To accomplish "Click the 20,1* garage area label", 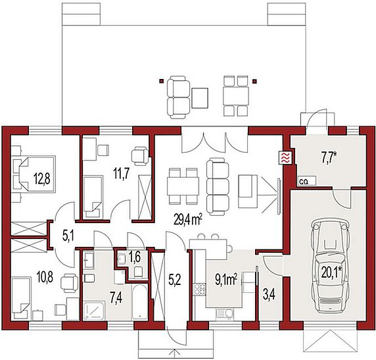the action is pyautogui.click(x=332, y=272).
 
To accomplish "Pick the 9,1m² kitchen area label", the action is pyautogui.click(x=226, y=280).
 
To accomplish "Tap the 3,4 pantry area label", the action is pyautogui.click(x=269, y=295).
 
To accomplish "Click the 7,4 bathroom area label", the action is pyautogui.click(x=116, y=298).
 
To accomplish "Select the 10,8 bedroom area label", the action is pyautogui.click(x=45, y=276).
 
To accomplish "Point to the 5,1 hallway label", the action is pyautogui.click(x=68, y=236).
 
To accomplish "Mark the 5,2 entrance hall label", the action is pyautogui.click(x=175, y=280).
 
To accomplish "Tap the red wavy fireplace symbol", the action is pyautogui.click(x=285, y=158).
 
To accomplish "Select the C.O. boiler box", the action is pyautogui.click(x=307, y=181).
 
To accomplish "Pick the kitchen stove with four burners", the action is pyautogui.click(x=200, y=289).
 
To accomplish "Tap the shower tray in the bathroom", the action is pyautogui.click(x=94, y=311).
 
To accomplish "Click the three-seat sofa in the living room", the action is pyautogui.click(x=218, y=186).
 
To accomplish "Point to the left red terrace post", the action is pyautogui.click(x=162, y=81).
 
